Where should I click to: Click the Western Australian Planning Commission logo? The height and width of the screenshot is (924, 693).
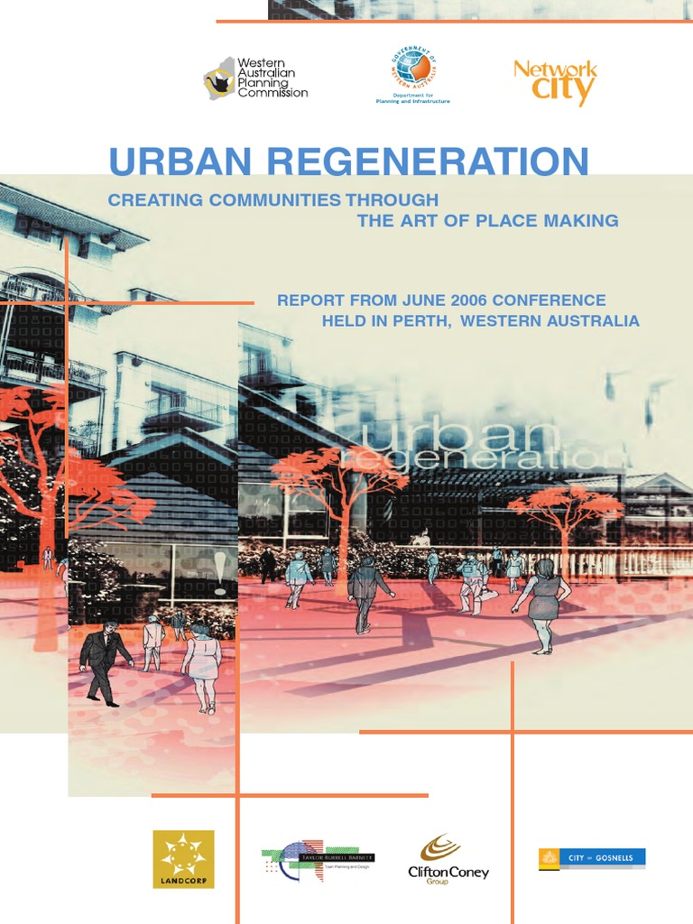pyautogui.click(x=255, y=79)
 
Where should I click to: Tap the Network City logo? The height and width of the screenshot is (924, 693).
pyautogui.click(x=555, y=82)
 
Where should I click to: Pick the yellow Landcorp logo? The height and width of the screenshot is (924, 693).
pyautogui.click(x=183, y=859)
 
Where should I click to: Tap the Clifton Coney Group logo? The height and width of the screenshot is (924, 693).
pyautogui.click(x=448, y=860)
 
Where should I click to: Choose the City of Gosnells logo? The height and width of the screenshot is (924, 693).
pyautogui.click(x=592, y=858)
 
